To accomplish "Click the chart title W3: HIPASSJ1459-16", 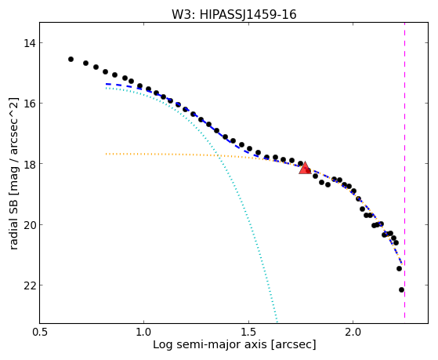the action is coord(233,14).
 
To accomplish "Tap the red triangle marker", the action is coord(305,168).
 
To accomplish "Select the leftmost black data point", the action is coord(71,59).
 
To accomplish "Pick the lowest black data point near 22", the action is coord(401,289).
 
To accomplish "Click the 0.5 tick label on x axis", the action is coord(40,333).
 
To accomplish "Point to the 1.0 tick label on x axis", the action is coord(143,333).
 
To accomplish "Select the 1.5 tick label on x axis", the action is coord(248,333).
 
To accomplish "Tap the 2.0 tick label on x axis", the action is coord(353,333).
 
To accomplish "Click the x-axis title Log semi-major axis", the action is coord(209,345).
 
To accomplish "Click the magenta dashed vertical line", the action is coord(404,170).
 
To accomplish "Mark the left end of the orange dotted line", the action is coord(106,154).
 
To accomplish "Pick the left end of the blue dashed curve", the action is coord(107,84).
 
